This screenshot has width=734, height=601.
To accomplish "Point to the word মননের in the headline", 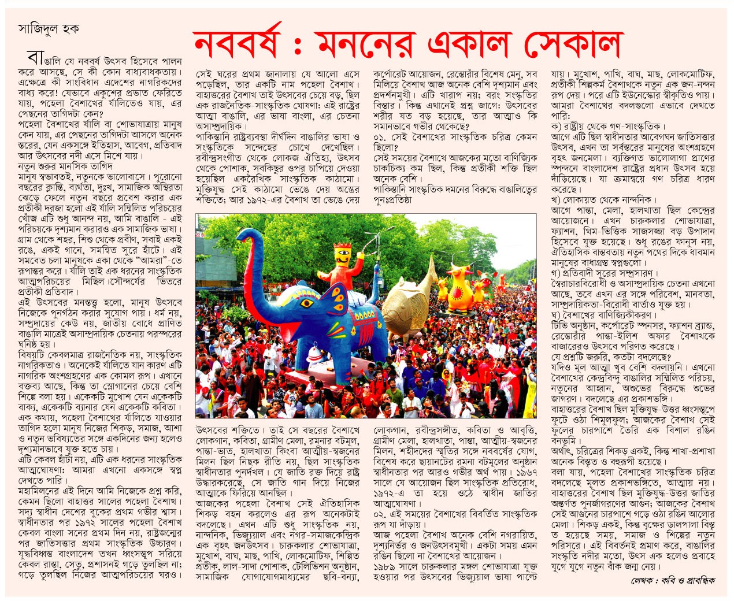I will tap(370, 43).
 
